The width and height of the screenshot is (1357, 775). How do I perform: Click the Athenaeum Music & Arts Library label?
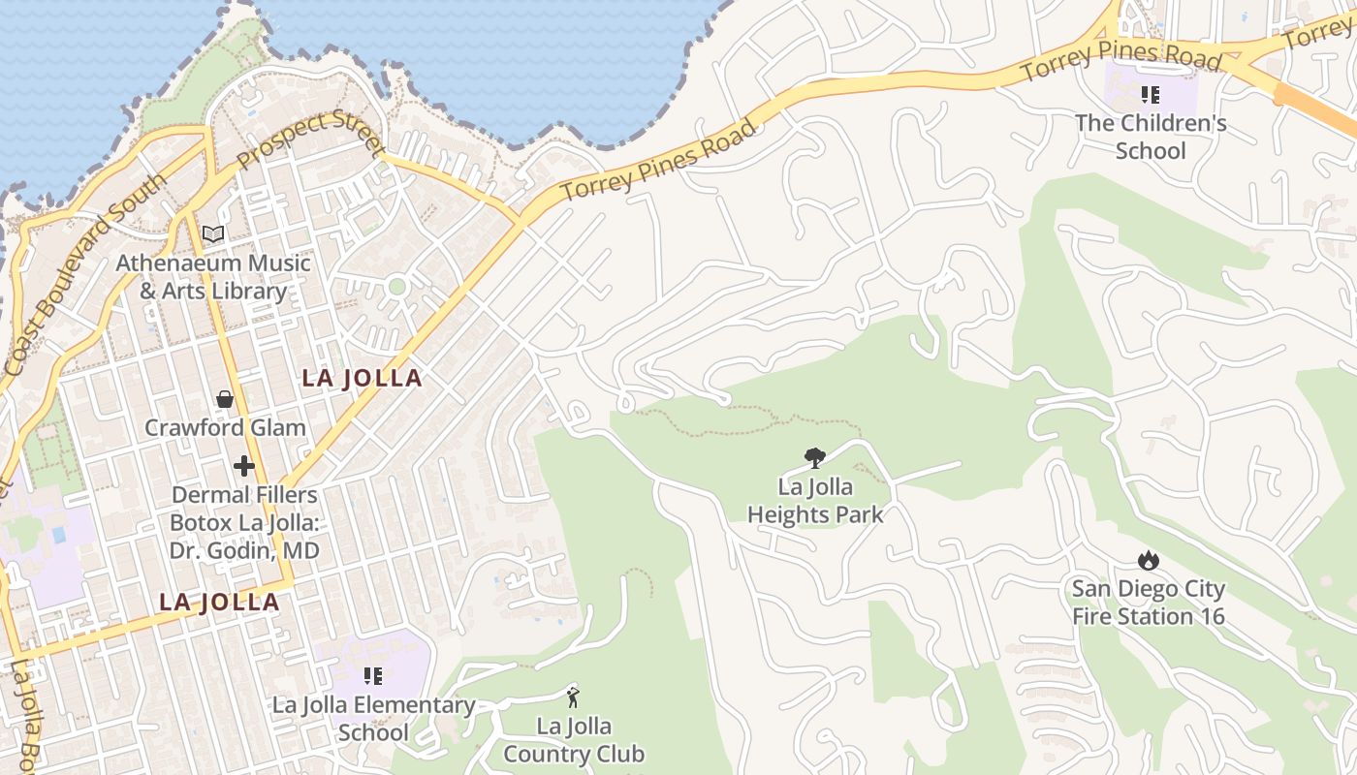pyautogui.click(x=213, y=277)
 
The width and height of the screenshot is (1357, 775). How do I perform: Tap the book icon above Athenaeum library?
pyautogui.click(x=213, y=233)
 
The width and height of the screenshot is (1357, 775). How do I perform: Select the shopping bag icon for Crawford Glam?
pyautogui.click(x=225, y=399)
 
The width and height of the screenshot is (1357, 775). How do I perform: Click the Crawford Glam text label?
pyautogui.click(x=225, y=427)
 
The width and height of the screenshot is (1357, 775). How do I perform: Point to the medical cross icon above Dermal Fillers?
pyautogui.click(x=244, y=466)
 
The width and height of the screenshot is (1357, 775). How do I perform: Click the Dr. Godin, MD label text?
pyautogui.click(x=244, y=550)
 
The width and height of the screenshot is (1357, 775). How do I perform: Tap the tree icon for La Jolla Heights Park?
pyautogui.click(x=815, y=458)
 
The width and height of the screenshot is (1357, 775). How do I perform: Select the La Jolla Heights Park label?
pyautogui.click(x=815, y=500)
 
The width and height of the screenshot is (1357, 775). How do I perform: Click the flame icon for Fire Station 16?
pyautogui.click(x=1149, y=560)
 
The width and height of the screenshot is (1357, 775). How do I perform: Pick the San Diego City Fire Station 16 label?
pyautogui.click(x=1149, y=602)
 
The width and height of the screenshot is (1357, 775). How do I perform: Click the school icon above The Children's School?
pyautogui.click(x=1151, y=95)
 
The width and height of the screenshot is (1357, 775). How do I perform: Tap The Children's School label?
pyautogui.click(x=1151, y=137)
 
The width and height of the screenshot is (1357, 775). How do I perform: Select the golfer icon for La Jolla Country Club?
pyautogui.click(x=573, y=697)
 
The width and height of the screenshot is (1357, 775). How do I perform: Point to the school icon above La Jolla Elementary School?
pyautogui.click(x=373, y=676)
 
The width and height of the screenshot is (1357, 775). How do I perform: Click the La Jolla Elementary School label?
pyautogui.click(x=373, y=718)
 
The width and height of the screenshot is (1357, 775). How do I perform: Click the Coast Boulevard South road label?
pyautogui.click(x=72, y=276)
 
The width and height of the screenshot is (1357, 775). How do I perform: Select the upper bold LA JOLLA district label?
pyautogui.click(x=362, y=378)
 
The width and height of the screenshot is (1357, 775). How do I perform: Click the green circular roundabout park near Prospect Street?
pyautogui.click(x=396, y=286)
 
